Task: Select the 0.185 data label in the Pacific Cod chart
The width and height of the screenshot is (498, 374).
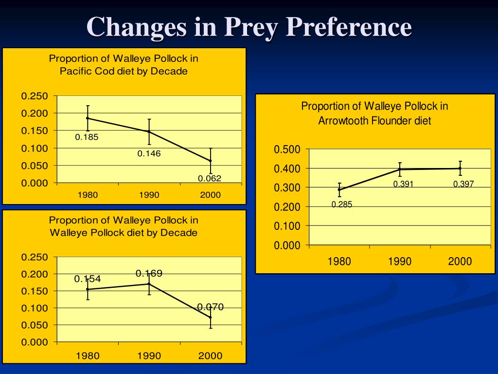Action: coord(87,137)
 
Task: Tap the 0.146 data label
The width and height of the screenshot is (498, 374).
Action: coord(149,154)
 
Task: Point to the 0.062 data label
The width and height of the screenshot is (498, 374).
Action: coord(210,178)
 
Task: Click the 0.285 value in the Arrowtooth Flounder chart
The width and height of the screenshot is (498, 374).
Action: coord(342,205)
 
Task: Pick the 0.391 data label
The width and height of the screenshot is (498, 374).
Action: coord(404,184)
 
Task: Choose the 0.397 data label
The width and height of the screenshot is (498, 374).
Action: coord(463,184)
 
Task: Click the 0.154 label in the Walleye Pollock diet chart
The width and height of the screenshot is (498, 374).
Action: coord(88,279)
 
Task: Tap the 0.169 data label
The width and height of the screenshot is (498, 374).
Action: coord(149,273)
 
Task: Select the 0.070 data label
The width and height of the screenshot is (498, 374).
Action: coord(210,307)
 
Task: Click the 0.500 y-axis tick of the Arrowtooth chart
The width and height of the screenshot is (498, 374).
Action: coord(287,150)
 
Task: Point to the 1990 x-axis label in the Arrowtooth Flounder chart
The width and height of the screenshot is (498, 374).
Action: coord(400,262)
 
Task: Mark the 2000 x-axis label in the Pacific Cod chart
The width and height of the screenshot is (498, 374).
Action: coord(210,195)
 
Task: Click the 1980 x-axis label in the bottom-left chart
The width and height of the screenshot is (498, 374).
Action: coord(88,356)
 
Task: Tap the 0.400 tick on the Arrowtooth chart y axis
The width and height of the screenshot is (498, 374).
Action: coord(287,168)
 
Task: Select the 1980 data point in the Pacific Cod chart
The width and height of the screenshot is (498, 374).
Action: coord(88,118)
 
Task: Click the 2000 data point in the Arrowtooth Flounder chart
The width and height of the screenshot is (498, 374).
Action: coord(460,168)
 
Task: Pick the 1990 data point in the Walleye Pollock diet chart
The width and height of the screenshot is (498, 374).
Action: coord(149,284)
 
